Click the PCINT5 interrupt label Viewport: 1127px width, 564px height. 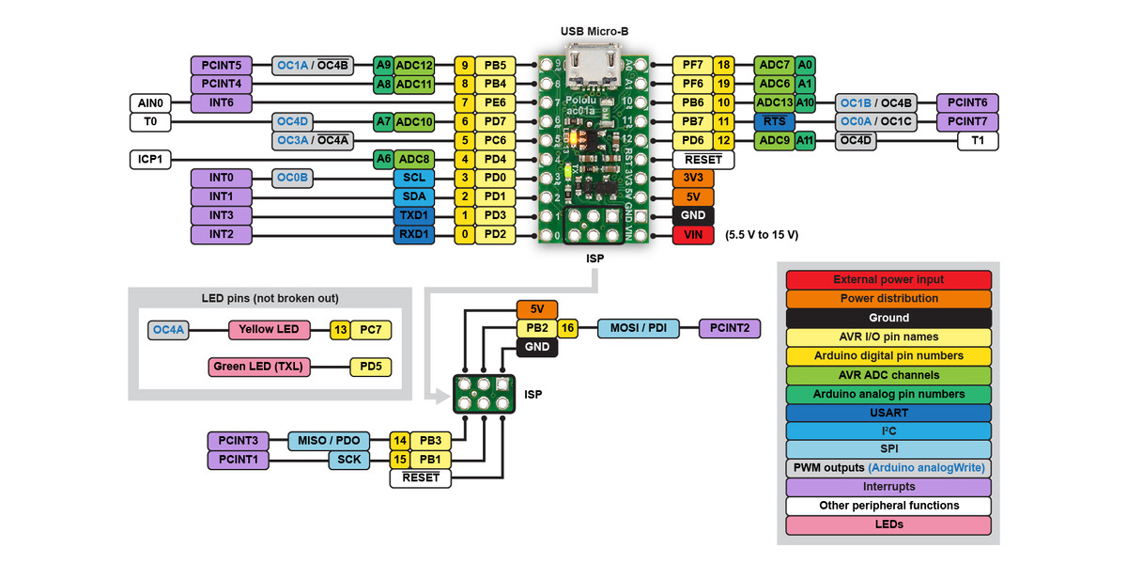pos(221,66)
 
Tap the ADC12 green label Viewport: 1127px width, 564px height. pos(414,66)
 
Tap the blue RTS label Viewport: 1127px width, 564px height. pos(775,122)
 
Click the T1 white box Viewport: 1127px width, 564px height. pos(978,141)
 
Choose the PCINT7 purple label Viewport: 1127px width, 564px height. pos(967,122)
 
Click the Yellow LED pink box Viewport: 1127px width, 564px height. pos(270,330)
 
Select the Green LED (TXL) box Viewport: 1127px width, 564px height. pos(256,368)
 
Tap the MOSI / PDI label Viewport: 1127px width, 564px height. pos(637,329)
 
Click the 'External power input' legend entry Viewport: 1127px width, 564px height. pos(888,280)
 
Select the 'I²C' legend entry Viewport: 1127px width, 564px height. pos(888,431)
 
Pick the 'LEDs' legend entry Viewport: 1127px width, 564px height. pos(888,525)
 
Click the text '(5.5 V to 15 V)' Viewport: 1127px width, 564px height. pos(762,235)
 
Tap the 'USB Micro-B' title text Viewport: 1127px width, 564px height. pos(594,31)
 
